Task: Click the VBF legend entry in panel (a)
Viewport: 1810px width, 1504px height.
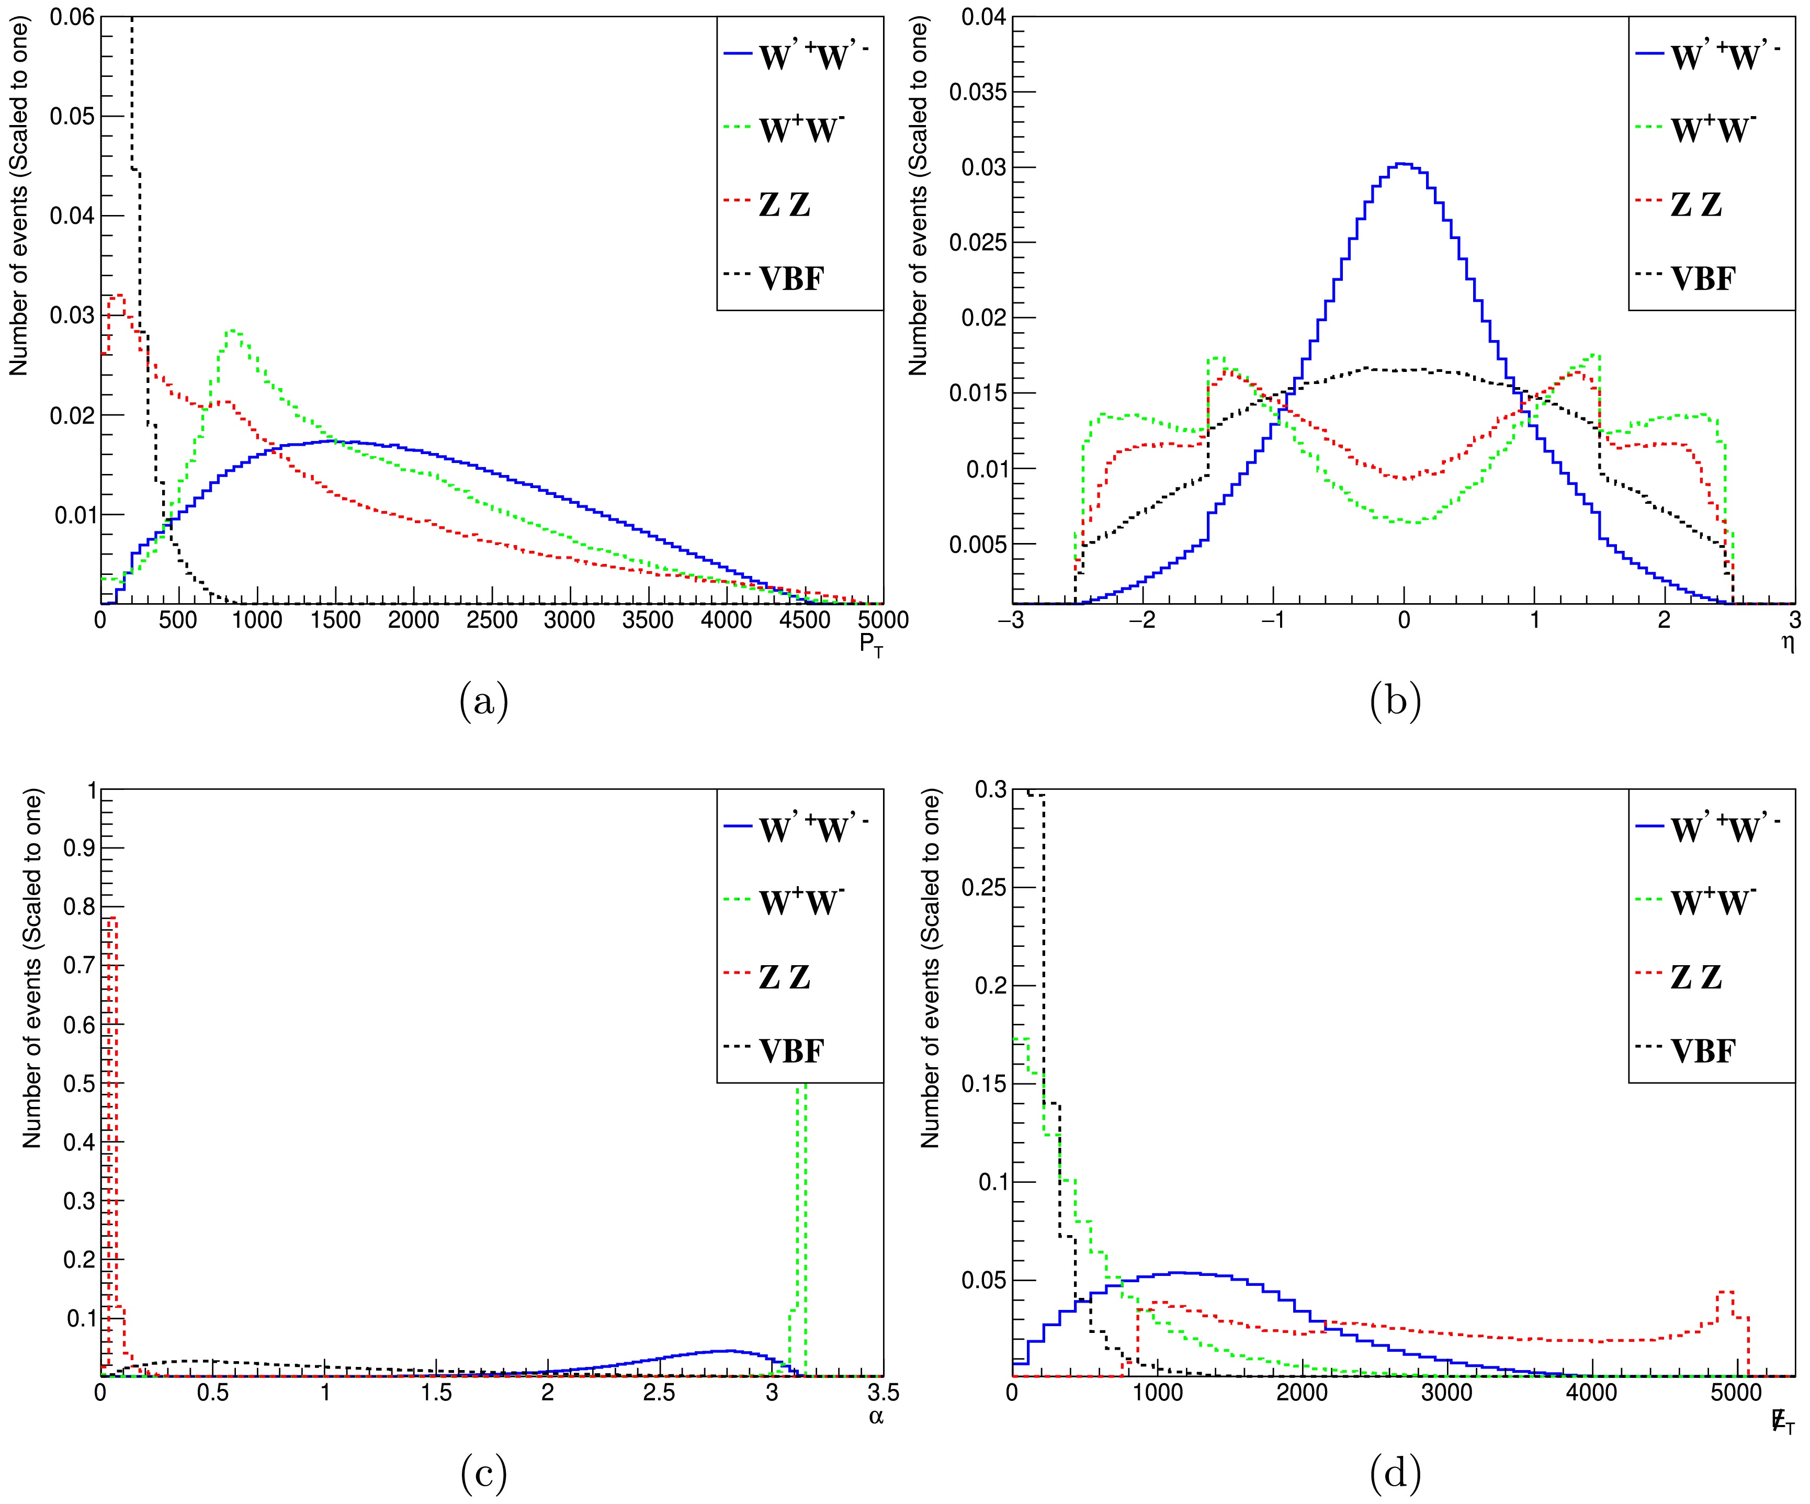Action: point(791,278)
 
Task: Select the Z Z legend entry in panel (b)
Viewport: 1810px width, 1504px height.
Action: point(1696,204)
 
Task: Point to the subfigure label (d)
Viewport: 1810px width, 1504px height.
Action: point(1395,1475)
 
